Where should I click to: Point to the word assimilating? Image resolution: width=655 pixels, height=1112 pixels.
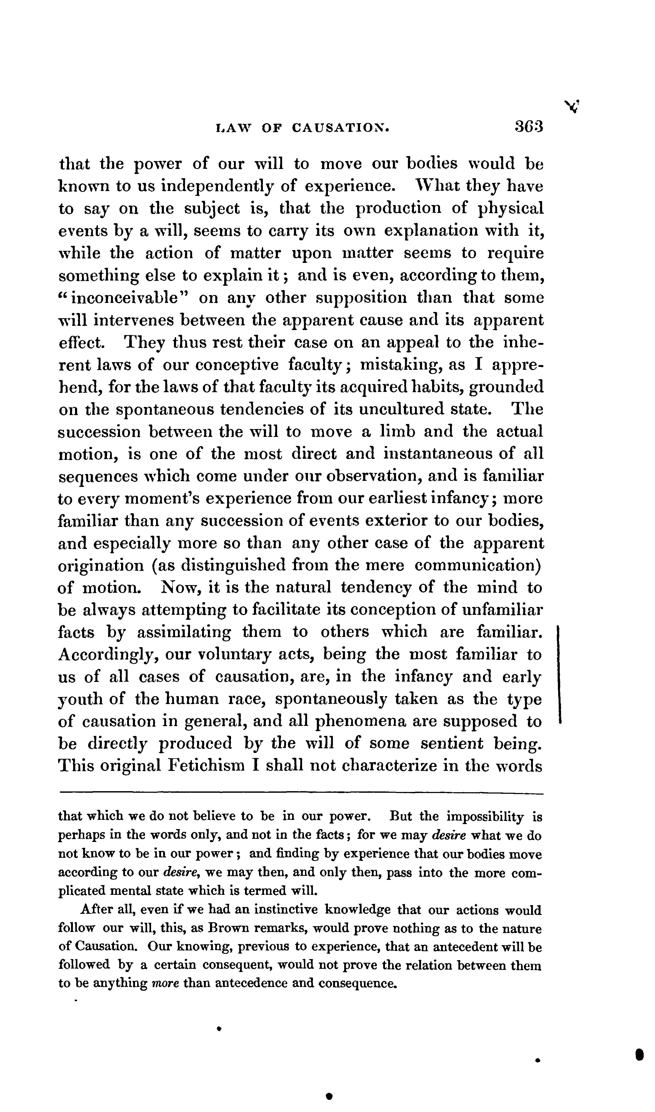tap(184, 632)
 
